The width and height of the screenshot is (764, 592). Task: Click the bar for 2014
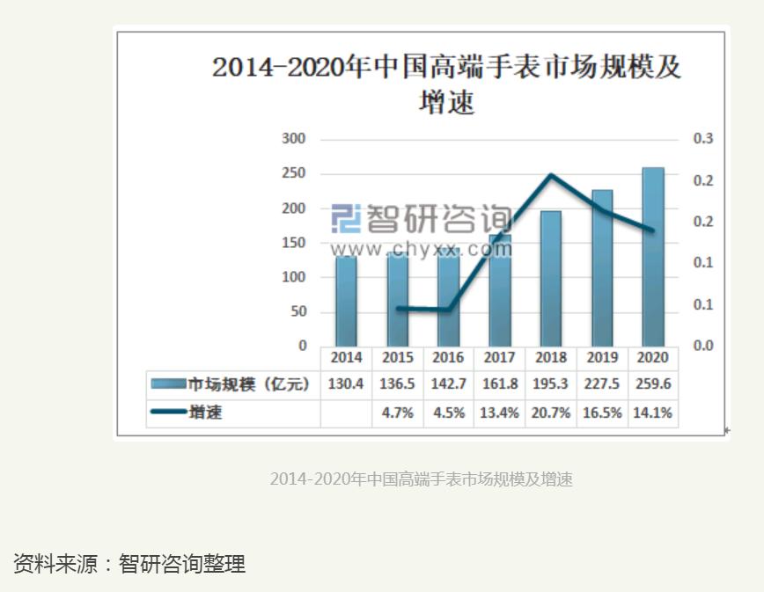point(346,300)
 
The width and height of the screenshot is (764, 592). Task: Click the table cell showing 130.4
point(346,384)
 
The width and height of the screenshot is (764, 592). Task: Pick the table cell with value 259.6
point(653,384)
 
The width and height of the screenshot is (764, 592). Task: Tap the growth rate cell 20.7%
point(550,413)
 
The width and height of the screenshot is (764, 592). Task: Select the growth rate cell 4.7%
point(397,413)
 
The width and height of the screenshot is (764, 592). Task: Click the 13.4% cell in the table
point(499,413)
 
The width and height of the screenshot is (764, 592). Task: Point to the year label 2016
point(448,358)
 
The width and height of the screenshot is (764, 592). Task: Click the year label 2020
point(653,358)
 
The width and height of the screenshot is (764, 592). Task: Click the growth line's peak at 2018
point(551,174)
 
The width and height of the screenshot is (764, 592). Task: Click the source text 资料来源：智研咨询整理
point(129,564)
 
